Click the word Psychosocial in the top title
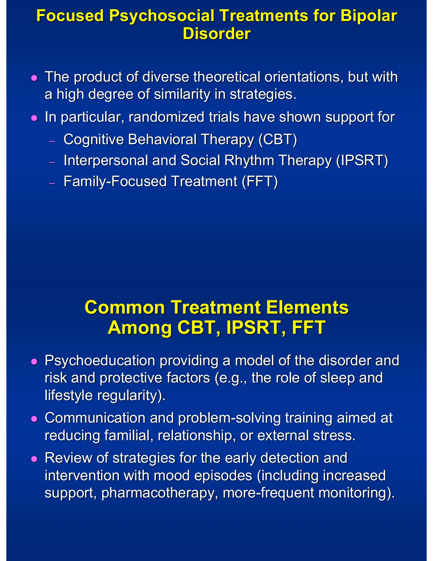point(162,16)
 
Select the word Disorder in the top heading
point(216,34)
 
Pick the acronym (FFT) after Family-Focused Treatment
point(260,181)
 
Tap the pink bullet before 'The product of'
point(34,78)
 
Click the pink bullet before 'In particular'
point(34,118)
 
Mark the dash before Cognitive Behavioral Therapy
point(52,141)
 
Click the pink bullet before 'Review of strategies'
point(34,459)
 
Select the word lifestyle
point(69,395)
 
